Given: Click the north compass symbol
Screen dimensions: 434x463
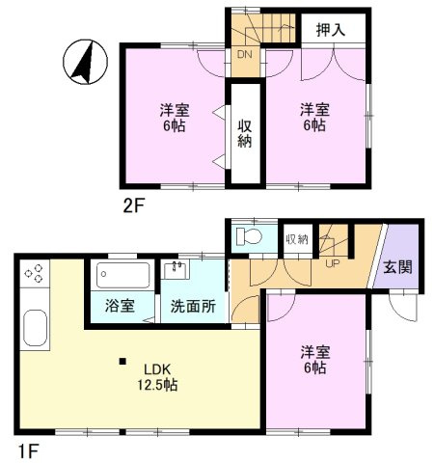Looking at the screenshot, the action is (85, 62).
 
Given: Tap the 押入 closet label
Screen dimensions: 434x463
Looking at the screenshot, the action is (331, 30).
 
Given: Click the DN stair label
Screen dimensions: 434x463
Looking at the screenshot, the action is (245, 54).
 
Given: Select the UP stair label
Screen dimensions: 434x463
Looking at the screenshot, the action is (333, 263).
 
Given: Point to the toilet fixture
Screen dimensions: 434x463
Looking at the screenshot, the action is (249, 237).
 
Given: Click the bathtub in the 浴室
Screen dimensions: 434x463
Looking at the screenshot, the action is (123, 275).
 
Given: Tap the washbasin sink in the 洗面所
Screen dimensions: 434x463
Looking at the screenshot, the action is (176, 269).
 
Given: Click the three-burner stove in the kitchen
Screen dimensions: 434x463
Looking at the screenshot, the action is (35, 273).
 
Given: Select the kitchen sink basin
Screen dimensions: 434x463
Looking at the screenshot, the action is (36, 328).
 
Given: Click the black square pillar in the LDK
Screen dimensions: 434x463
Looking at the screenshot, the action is (122, 362).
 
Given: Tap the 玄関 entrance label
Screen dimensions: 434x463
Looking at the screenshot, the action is (397, 267).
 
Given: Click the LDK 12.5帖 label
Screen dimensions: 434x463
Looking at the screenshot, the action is (157, 377).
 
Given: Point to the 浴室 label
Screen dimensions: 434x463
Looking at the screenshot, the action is (120, 306).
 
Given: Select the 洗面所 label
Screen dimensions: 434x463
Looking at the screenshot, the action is (193, 306).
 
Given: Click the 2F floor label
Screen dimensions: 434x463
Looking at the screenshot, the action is (134, 205).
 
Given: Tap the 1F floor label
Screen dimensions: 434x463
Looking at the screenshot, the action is (29, 451).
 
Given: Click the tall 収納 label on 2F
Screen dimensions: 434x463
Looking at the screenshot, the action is (245, 134).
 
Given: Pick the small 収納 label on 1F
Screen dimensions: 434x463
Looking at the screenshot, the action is (297, 239).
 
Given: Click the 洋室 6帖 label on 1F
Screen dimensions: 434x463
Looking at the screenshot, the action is (315, 360).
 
